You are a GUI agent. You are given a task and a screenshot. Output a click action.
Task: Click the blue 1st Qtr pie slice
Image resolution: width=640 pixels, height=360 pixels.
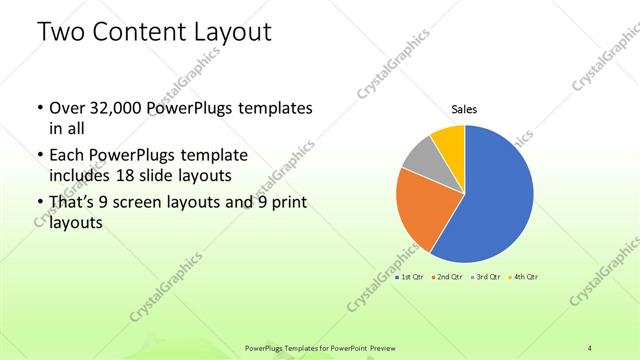[495, 200]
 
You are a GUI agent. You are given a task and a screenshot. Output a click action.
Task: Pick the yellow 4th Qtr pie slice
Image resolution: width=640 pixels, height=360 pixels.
[449, 143]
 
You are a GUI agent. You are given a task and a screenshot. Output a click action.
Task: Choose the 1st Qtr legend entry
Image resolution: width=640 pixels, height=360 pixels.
[411, 276]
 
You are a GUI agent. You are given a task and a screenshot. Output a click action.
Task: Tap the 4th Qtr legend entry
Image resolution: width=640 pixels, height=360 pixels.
[522, 276]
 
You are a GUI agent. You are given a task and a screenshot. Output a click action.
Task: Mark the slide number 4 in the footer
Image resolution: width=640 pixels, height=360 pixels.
[590, 347]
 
